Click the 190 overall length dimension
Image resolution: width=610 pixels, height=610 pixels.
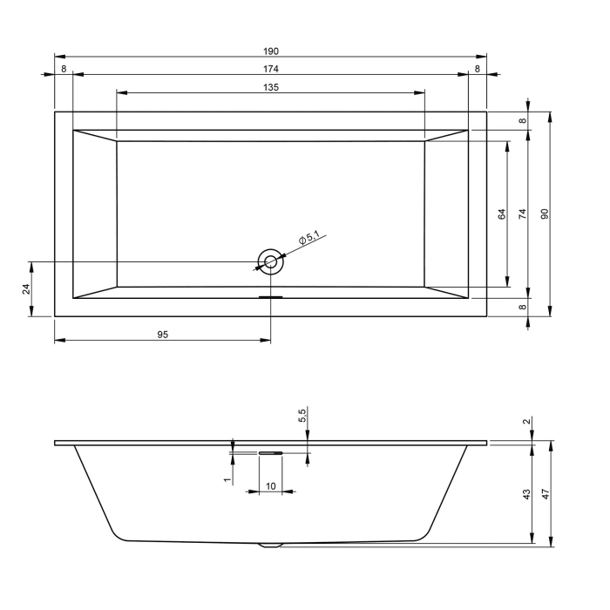point(271,51)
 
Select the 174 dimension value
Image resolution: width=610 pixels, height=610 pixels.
point(271,68)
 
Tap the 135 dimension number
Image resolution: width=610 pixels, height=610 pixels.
point(271,86)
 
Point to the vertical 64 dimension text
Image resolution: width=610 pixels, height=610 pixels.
point(502,213)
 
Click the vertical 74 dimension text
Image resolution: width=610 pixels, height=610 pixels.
point(522,213)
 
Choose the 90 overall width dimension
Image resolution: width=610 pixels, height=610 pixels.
point(545,213)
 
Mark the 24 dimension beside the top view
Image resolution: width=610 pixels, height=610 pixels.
point(26,288)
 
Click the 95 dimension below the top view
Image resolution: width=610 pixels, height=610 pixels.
point(162,334)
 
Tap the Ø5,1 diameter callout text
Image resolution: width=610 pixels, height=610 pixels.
point(309,237)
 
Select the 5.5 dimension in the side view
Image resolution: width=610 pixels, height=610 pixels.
point(302,416)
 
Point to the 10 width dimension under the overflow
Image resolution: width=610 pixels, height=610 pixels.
point(270,485)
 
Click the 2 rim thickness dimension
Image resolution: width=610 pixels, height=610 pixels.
point(525,422)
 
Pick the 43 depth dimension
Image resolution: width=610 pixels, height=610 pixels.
point(525,494)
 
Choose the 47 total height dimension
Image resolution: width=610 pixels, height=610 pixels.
point(546,494)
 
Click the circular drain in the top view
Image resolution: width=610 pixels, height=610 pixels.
point(270,261)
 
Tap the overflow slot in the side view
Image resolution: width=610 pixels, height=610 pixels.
point(270,453)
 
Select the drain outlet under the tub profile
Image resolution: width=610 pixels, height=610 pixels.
point(271,546)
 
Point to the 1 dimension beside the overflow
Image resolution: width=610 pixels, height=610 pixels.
point(227,479)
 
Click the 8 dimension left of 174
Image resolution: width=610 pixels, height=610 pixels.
point(64,68)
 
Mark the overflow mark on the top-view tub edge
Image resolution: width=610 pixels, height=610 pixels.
point(270,296)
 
